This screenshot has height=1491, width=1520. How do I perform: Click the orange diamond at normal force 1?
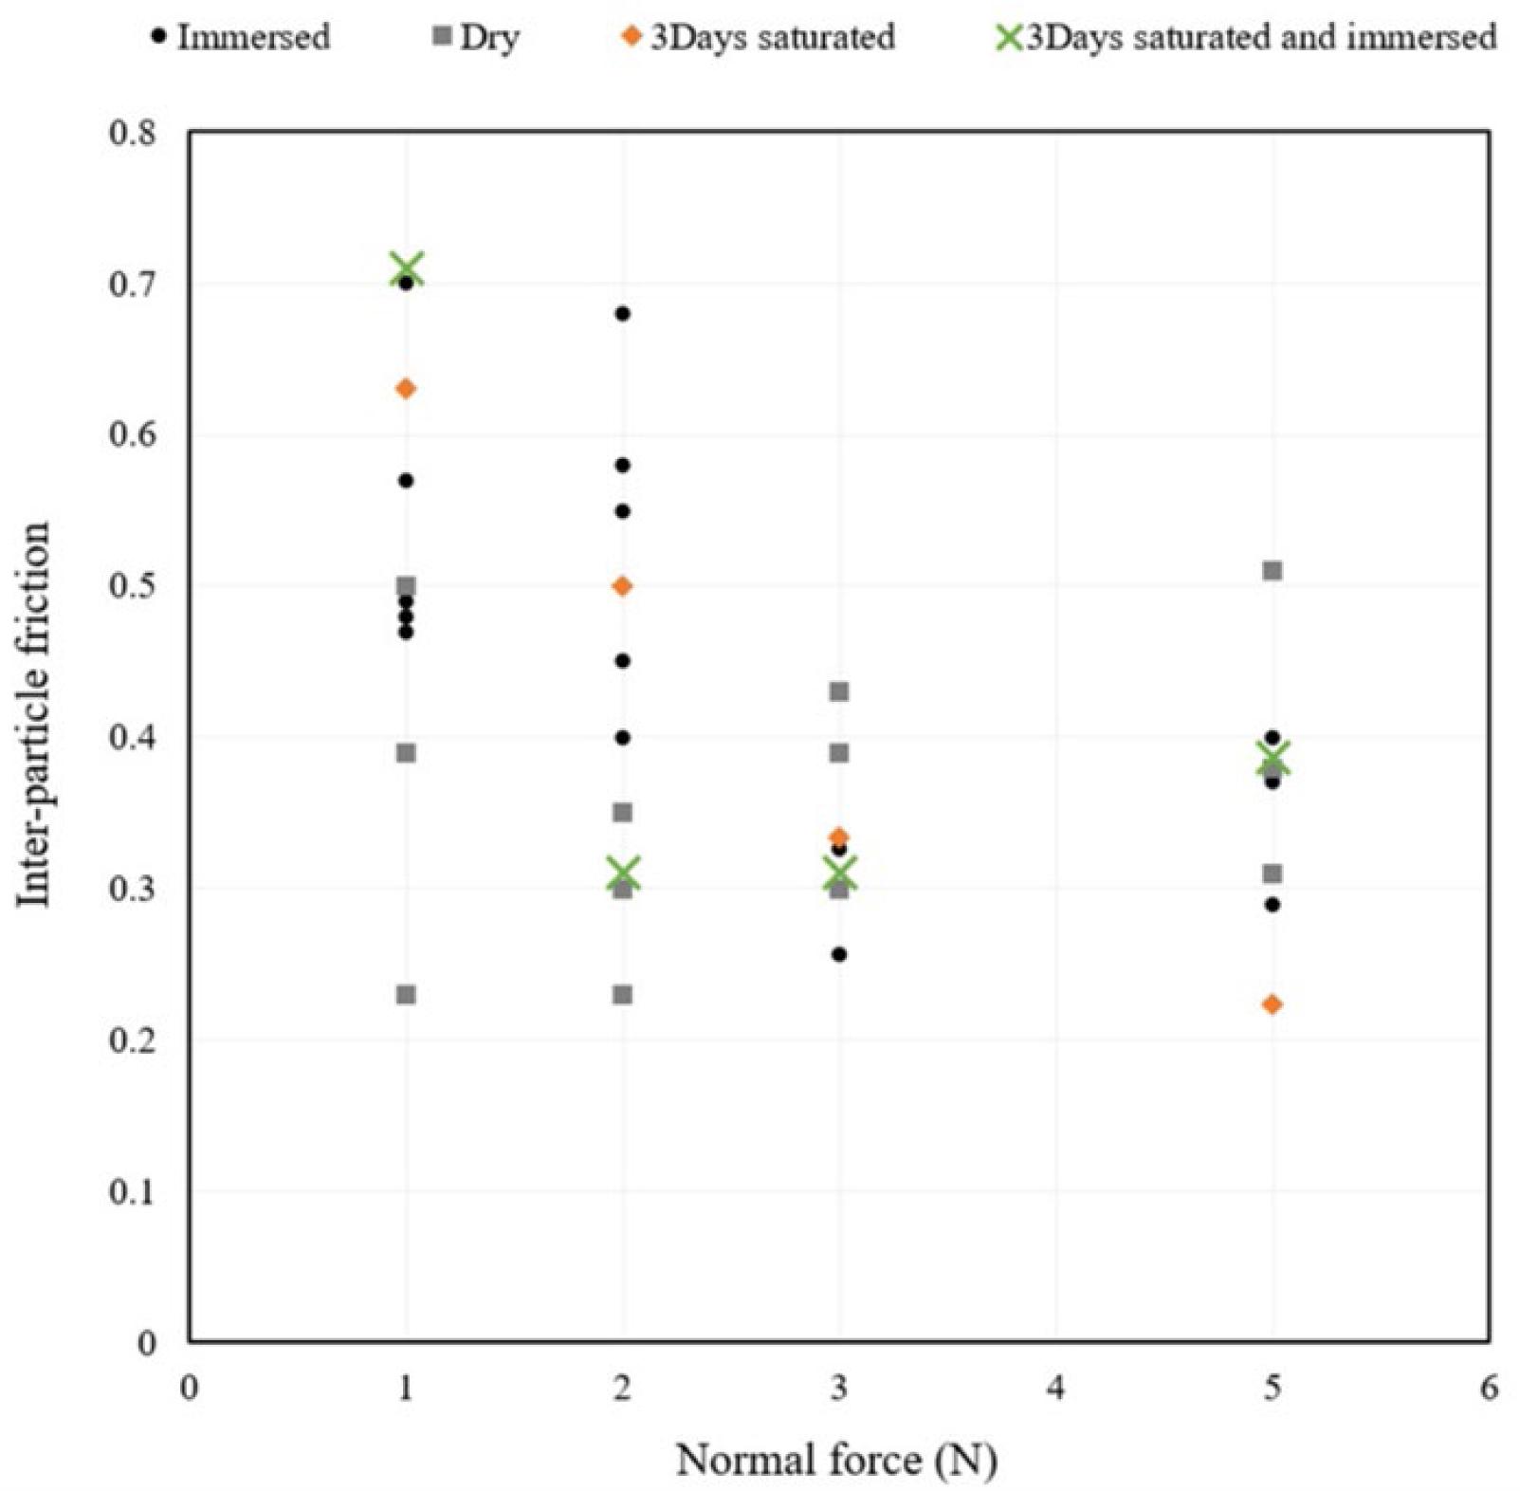click(x=406, y=389)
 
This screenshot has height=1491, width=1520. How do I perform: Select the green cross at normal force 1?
click(x=408, y=269)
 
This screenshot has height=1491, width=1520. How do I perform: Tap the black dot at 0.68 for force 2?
click(x=622, y=314)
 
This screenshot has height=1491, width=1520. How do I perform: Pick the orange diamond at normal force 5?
click(x=1273, y=1004)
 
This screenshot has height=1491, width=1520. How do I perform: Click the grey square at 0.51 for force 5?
click(x=1273, y=570)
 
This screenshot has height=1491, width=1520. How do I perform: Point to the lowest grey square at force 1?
click(x=406, y=994)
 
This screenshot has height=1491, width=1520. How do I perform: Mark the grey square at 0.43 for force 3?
click(x=839, y=691)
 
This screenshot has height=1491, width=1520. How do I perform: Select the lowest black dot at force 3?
click(x=839, y=954)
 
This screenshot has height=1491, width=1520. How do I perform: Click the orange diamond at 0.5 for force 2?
click(x=622, y=586)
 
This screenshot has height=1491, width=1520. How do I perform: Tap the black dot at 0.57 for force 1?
click(x=406, y=481)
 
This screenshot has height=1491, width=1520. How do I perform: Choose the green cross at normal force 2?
click(x=623, y=874)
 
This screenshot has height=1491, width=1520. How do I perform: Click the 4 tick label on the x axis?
click(x=1055, y=1389)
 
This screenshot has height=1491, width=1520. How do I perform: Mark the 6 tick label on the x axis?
click(x=1489, y=1389)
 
